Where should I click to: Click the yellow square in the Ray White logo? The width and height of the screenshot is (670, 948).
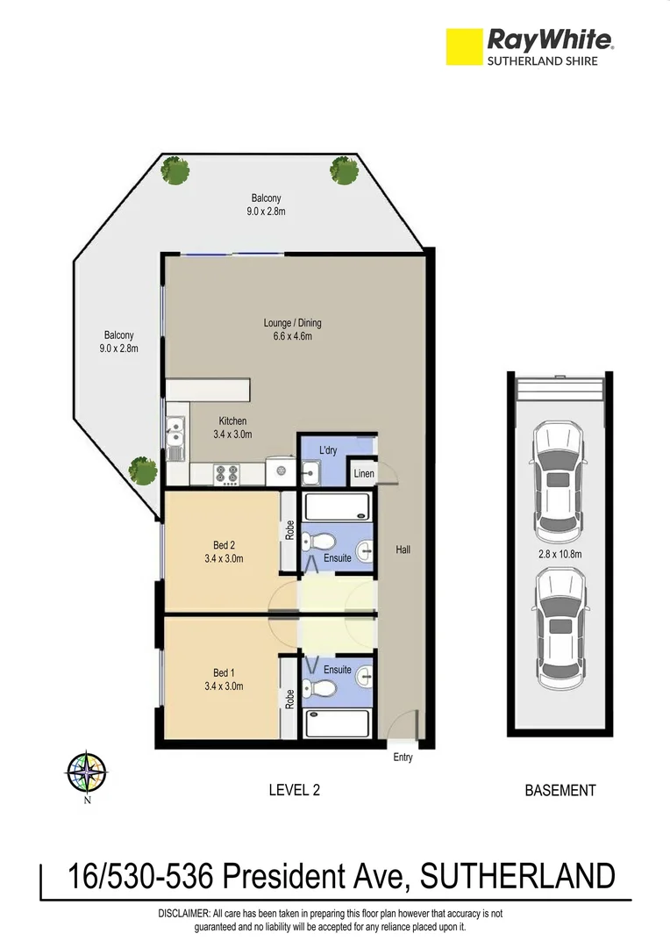464,47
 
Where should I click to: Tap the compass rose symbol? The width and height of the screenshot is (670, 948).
87,773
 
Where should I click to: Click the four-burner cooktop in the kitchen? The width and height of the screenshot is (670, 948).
227,474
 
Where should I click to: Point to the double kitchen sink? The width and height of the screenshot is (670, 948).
175,438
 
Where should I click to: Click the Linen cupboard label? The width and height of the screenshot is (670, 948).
364,474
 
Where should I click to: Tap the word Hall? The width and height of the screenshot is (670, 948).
403,550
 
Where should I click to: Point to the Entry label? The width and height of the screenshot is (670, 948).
403,758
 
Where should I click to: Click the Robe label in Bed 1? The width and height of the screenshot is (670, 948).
289,698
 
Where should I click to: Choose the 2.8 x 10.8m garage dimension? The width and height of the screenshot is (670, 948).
559,554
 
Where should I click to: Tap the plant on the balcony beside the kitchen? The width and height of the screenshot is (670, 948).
142,471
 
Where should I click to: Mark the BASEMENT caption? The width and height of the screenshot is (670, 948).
560,790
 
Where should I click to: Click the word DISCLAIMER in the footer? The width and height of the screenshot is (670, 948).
184,914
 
